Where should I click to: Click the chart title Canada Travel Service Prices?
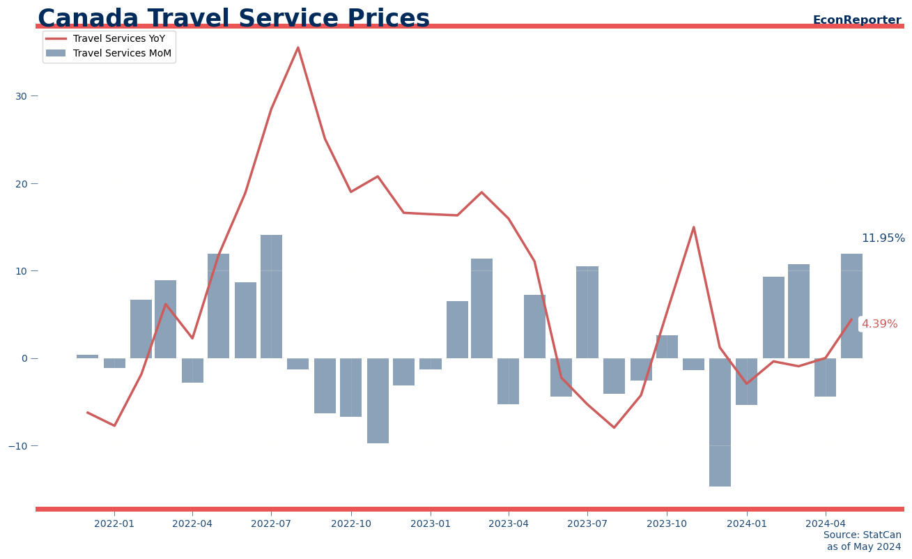233,19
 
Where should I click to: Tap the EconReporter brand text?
856,20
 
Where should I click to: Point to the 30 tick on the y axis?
21,96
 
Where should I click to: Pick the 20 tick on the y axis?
21,184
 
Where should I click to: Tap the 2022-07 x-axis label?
271,523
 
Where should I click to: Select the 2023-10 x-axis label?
667,523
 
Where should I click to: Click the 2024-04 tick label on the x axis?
826,523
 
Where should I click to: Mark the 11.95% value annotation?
883,238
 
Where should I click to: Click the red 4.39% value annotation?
879,324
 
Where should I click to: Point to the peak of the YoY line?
298,48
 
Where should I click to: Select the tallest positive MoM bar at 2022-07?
271,296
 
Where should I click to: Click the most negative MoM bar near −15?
720,422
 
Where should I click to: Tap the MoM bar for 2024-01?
746,381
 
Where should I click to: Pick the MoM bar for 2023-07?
587,312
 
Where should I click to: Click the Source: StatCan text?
862,535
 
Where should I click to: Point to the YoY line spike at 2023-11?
693,227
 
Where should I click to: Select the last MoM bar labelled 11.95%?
851,306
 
